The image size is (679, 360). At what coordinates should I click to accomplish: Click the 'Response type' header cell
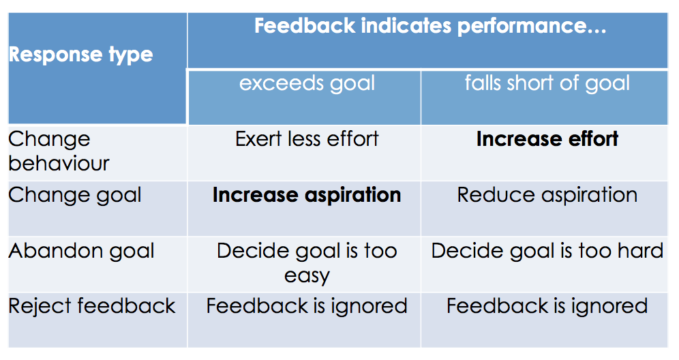[x=81, y=55]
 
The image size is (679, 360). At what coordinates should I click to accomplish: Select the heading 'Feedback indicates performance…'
[x=430, y=26]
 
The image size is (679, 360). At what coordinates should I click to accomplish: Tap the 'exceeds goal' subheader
[x=307, y=84]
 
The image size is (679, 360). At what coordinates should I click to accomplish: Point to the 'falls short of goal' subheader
[x=547, y=82]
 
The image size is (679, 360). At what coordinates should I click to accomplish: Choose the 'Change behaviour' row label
[x=59, y=151]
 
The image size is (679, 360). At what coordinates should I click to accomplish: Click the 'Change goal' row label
[x=75, y=196]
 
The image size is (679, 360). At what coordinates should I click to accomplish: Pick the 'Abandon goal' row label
[x=81, y=252]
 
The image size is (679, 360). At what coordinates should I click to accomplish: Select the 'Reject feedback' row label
[x=92, y=306]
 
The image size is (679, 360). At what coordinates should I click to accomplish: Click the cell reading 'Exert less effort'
[x=307, y=139]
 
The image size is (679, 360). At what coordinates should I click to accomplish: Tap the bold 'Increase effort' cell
[x=547, y=139]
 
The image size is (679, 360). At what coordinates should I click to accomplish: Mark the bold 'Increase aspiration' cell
[x=307, y=196]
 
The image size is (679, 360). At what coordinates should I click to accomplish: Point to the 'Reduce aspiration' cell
[x=547, y=195]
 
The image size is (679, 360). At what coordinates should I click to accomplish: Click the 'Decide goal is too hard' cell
[x=547, y=251]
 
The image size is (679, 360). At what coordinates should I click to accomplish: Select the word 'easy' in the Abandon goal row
[x=307, y=276]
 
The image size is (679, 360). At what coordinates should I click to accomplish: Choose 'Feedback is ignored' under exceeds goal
[x=307, y=306]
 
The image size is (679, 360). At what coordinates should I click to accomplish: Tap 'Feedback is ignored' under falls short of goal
[x=547, y=306]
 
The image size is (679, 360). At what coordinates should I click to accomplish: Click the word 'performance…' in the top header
[x=532, y=27]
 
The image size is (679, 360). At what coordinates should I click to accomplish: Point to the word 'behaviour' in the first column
[x=59, y=164]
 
